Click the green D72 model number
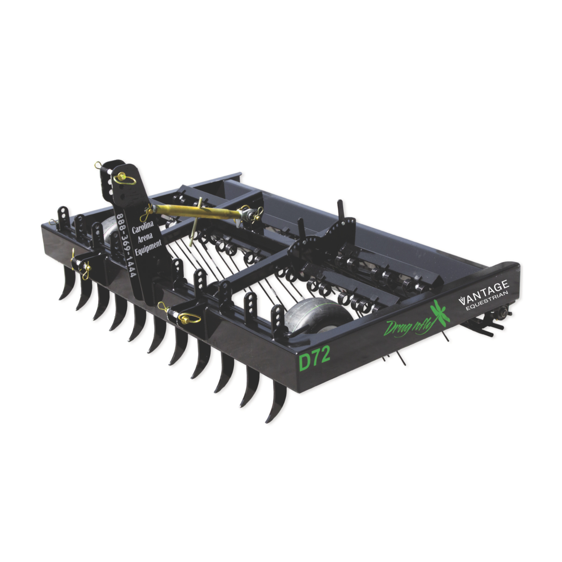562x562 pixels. pyautogui.click(x=314, y=359)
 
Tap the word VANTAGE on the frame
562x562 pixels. pyautogui.click(x=483, y=292)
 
